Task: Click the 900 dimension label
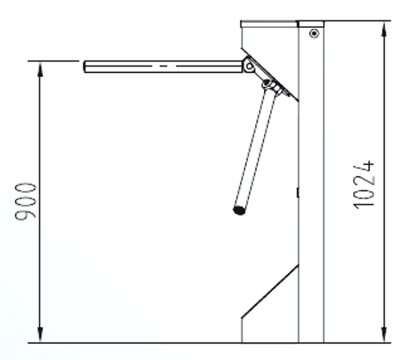25,202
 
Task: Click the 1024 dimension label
364,185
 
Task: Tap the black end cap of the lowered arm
239,210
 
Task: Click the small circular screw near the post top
314,34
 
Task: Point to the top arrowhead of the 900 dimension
40,69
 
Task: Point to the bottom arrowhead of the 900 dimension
40,335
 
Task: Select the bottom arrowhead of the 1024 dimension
384,335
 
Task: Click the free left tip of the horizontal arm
84,66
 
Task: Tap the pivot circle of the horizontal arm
249,66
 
